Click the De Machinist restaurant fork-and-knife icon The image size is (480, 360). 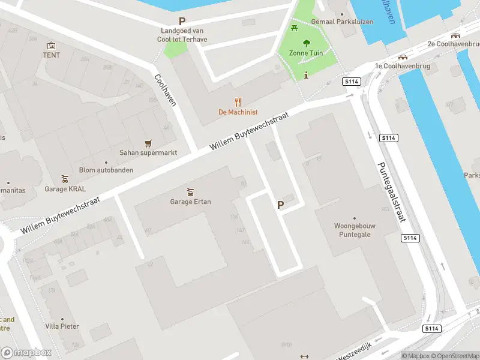[x=238, y=102]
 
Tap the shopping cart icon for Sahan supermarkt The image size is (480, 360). [x=148, y=143]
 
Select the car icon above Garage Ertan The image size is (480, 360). [x=190, y=192]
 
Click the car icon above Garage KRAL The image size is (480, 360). [x=65, y=179]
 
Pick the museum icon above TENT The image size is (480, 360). [x=52, y=45]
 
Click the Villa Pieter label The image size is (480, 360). [x=62, y=326]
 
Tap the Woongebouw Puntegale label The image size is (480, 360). [x=353, y=230]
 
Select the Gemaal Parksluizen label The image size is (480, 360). [x=346, y=22]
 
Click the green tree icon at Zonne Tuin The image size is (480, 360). [x=307, y=43]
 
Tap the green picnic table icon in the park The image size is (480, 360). [x=294, y=28]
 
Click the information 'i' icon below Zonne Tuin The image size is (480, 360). [x=307, y=75]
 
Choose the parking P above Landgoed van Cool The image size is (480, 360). [x=182, y=21]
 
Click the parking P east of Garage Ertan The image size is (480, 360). [x=280, y=205]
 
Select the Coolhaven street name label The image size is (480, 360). [x=165, y=90]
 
